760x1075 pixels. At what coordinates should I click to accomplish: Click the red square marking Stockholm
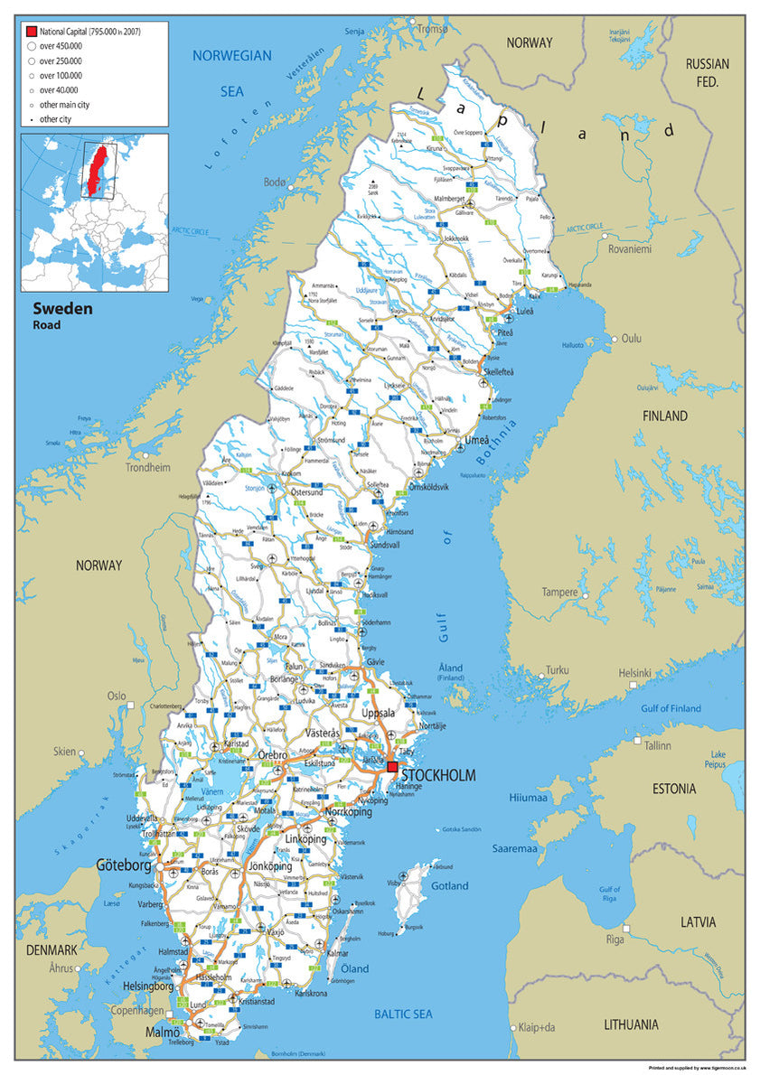coord(392,767)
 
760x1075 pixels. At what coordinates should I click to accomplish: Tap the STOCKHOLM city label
coord(438,776)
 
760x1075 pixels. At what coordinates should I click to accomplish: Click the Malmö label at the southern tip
coord(163,1032)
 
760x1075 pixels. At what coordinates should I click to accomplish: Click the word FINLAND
coord(664,416)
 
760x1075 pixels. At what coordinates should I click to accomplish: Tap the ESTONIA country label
coord(673,789)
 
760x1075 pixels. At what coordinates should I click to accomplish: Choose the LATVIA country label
coord(699,922)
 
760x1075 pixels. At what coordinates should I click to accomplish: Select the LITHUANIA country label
coord(643,1024)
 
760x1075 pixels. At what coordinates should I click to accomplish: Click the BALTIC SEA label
coord(403,1014)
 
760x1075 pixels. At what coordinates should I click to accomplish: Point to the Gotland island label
coord(449,886)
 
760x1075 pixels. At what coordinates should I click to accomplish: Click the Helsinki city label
coord(634,673)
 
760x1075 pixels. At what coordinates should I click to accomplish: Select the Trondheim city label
coord(147,468)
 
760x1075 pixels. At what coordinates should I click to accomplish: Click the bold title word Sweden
coord(62,308)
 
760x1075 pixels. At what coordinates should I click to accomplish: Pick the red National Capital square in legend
coord(32,32)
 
